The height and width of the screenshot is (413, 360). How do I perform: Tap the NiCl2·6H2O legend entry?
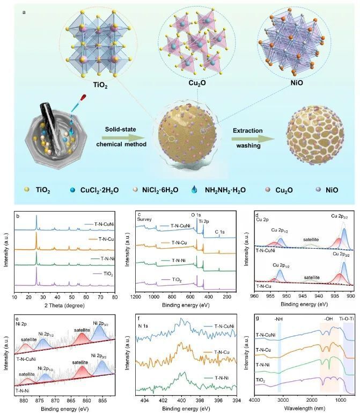tap(168, 190)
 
